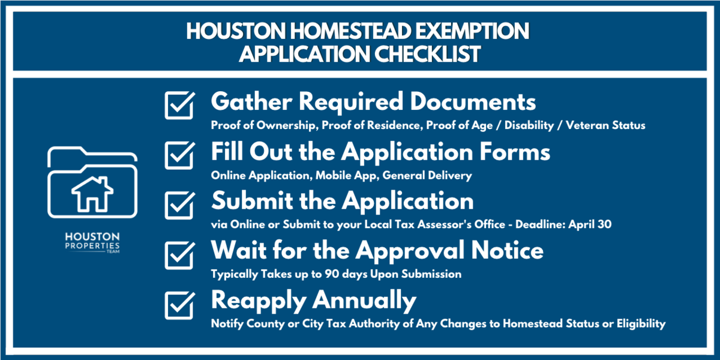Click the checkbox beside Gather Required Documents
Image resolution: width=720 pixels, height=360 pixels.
tap(178, 106)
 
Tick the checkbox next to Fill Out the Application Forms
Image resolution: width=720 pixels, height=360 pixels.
tap(178, 155)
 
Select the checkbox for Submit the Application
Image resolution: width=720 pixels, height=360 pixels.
tap(178, 205)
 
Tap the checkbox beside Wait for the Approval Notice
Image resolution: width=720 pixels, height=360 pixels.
tap(178, 254)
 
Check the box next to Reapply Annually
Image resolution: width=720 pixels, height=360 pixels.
tap(178, 304)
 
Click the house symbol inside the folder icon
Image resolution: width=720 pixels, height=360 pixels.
tap(92, 193)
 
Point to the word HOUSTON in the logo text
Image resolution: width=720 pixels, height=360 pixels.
tap(92, 237)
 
